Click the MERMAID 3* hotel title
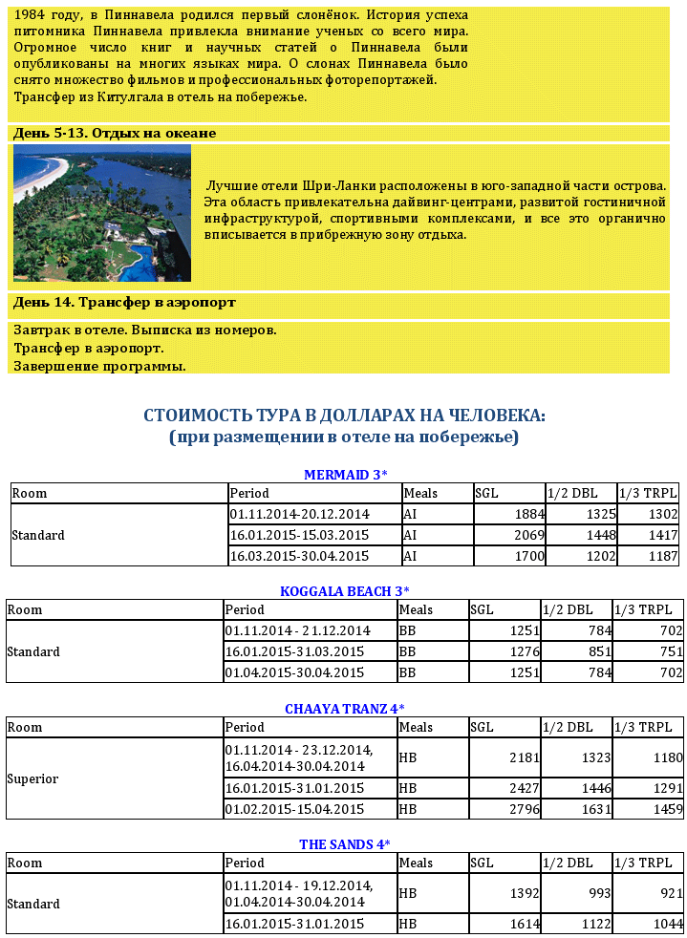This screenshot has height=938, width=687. [345, 475]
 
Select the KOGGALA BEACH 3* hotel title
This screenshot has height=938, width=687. [345, 591]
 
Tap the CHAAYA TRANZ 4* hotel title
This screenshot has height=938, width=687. [345, 709]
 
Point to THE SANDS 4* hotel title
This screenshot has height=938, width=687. [345, 844]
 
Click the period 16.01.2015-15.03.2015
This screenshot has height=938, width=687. [299, 535]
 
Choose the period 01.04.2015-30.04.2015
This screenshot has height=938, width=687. [294, 672]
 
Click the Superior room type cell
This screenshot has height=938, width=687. [32, 778]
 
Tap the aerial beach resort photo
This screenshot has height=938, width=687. [102, 213]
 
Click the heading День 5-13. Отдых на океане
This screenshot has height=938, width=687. [115, 134]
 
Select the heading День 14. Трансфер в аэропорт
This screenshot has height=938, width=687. [124, 303]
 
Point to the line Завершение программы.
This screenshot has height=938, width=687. [99, 366]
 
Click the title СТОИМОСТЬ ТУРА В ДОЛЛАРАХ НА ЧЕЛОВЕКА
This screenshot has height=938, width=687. [345, 416]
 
